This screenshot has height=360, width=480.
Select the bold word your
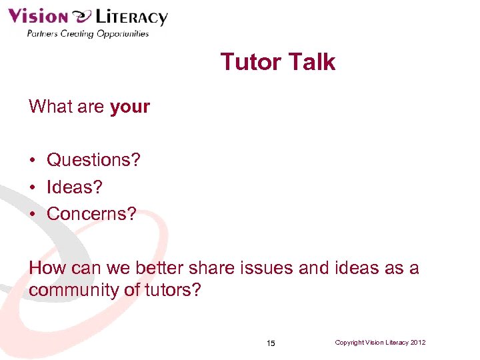point(130,107)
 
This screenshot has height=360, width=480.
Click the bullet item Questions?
point(93,160)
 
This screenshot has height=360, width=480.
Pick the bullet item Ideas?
point(75,187)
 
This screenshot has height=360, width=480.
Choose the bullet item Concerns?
point(91,214)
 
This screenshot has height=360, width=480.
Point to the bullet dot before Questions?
point(32,161)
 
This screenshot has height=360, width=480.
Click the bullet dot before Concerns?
point(32,215)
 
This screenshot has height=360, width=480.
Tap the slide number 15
point(271,343)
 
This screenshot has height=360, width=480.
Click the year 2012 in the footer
point(418,343)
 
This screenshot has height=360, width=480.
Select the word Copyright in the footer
point(350,343)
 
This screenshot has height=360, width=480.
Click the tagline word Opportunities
point(123,33)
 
